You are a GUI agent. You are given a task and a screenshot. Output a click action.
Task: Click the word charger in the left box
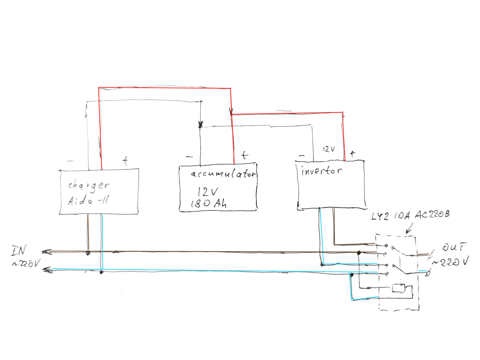[x=89, y=186]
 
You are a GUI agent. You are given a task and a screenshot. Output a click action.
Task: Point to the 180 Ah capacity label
[x=208, y=204]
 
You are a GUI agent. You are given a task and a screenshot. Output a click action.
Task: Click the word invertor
[x=322, y=171]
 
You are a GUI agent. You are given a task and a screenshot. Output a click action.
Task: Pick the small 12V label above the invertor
[x=329, y=149]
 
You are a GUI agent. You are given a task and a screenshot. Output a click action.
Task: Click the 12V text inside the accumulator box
[x=207, y=192]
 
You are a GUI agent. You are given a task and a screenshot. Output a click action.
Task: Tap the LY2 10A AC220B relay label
[x=410, y=216]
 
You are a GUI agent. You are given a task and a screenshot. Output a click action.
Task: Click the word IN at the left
[x=19, y=250]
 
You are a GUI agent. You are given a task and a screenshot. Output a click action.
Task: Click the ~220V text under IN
[x=25, y=264]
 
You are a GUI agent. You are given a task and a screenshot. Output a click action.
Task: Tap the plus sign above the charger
[x=125, y=161]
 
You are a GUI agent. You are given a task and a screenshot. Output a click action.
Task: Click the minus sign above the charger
[x=70, y=161]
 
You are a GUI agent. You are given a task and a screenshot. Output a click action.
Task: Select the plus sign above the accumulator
[x=244, y=155]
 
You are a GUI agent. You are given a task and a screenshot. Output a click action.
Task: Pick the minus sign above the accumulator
[x=189, y=157]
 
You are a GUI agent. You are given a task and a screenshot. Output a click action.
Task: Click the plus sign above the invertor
[x=352, y=153]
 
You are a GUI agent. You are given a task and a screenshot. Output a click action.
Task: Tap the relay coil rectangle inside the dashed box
[x=397, y=288]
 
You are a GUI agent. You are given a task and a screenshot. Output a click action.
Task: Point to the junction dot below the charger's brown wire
[x=88, y=253]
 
